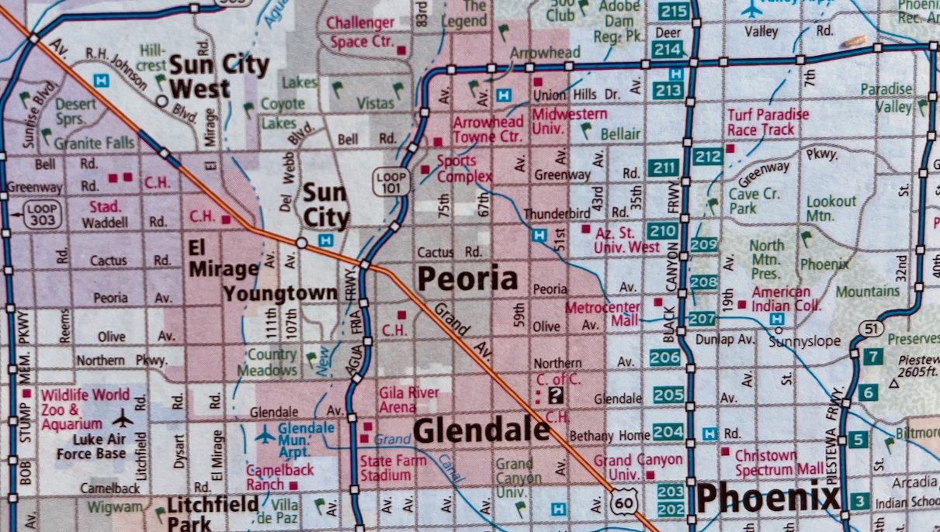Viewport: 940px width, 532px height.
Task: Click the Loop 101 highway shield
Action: coord(390,181)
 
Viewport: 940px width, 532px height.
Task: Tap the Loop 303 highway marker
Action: coord(41,214)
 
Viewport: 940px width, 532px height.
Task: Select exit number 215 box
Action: coord(674,11)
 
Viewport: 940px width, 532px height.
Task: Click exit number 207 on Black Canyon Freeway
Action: coord(702,318)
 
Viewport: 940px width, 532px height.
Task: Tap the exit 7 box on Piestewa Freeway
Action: coord(873,357)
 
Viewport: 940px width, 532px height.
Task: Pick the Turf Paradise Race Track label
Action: coord(768,123)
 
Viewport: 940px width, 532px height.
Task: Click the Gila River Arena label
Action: coord(408,399)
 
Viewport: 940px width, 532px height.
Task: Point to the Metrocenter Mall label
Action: coord(602,314)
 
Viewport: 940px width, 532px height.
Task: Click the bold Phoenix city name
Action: coord(767,497)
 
